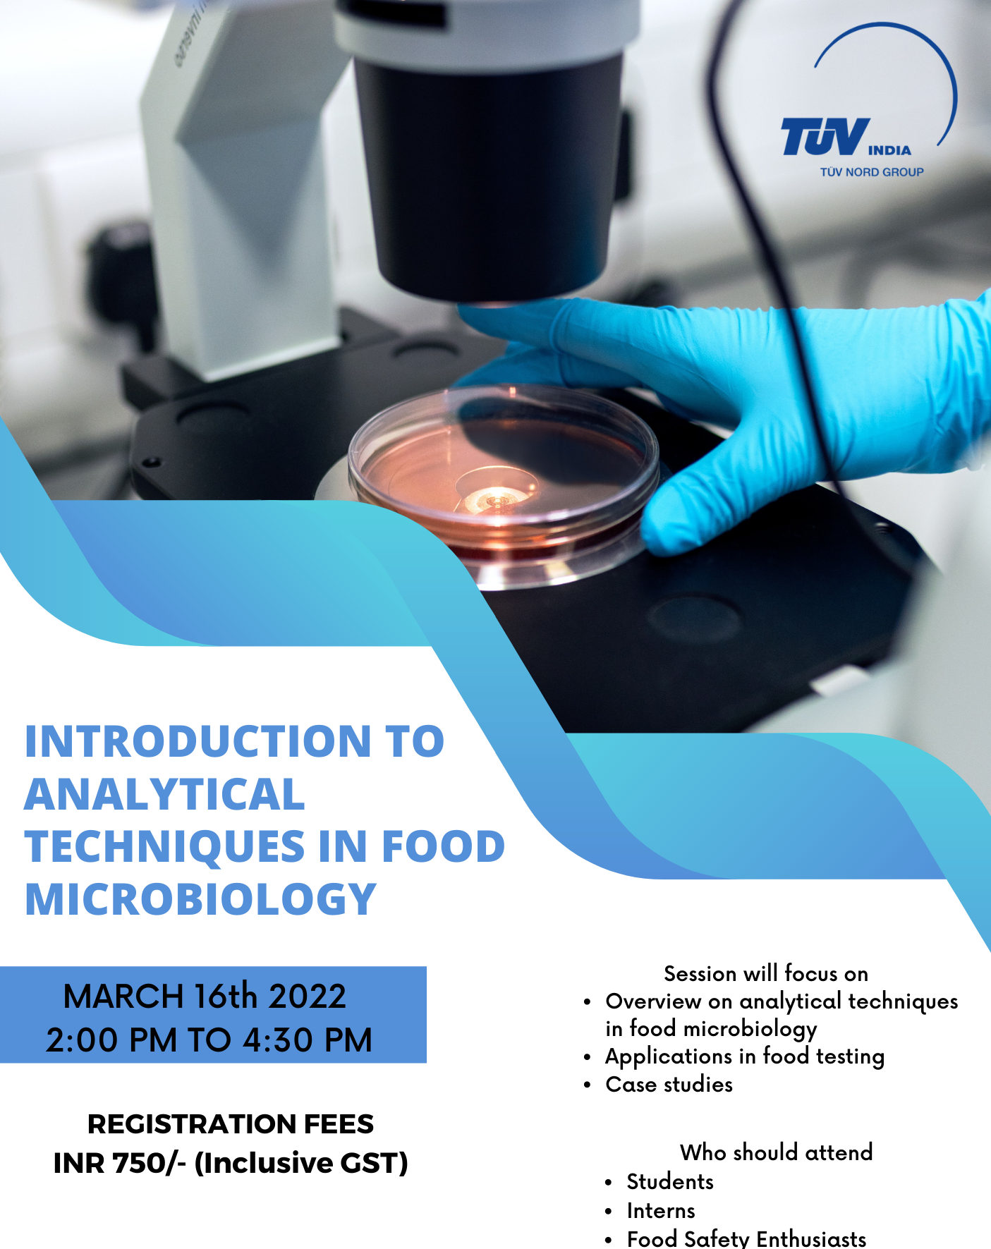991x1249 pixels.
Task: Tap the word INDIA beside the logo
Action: pos(889,150)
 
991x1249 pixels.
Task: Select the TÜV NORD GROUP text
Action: pos(872,171)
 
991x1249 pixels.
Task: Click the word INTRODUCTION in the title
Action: pos(198,741)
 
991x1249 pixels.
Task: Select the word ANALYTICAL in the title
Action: pos(165,794)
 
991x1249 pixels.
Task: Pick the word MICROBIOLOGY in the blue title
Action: pos(201,899)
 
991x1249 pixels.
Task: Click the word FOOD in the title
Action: pos(444,846)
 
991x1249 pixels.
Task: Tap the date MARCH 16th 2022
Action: pos(205,997)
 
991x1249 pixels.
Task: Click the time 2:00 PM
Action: pos(111,1040)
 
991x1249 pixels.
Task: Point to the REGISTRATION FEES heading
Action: pos(231,1124)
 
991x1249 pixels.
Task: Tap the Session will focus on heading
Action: pos(766,974)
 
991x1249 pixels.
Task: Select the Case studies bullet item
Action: pos(669,1085)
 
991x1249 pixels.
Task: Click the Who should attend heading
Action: pos(777,1152)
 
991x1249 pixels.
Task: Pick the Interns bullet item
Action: pos(661,1211)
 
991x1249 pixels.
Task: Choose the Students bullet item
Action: pos(670,1182)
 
